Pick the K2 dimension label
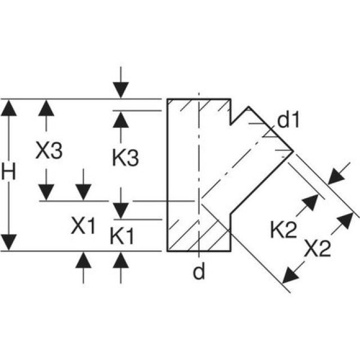coord(283,229)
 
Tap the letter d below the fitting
coord(199,273)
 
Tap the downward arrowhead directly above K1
coord(120,210)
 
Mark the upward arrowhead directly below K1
coord(120,260)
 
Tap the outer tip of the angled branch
coord(292,150)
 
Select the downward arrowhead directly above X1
coord(83,192)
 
